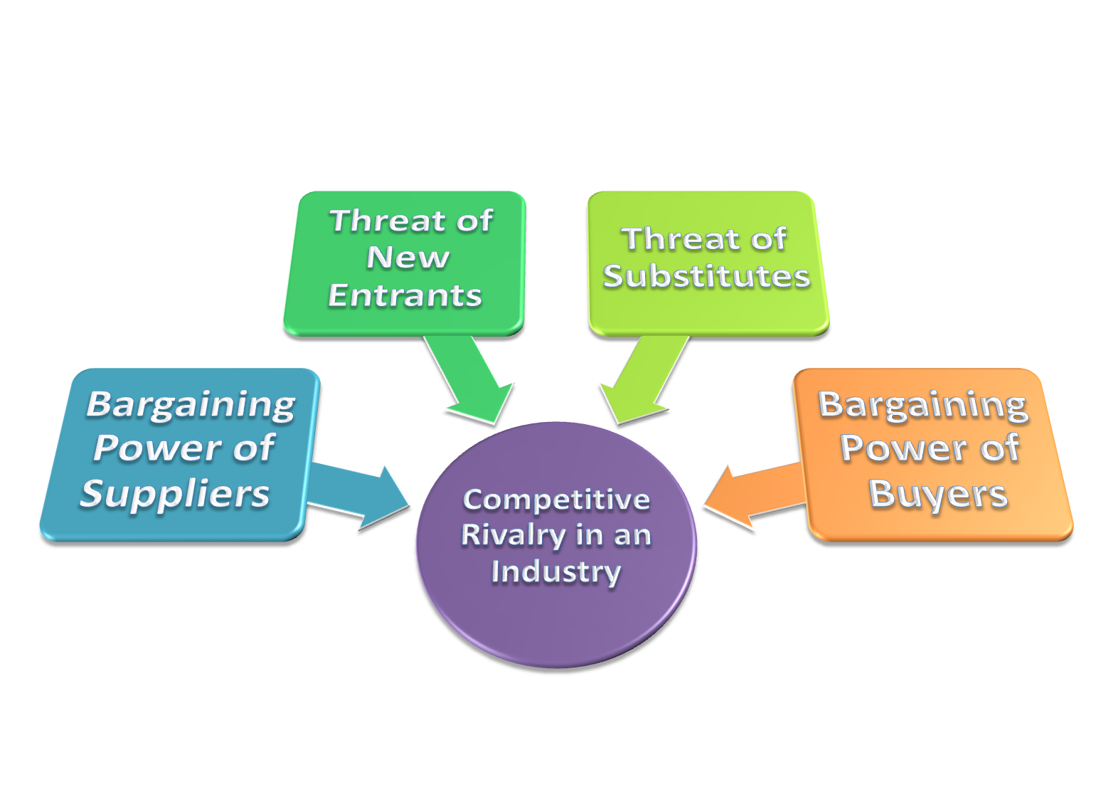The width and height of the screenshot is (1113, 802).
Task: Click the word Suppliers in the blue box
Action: pos(175,493)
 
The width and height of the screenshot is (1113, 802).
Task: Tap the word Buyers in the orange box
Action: pos(938,493)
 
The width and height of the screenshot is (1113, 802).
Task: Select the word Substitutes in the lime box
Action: pos(707,276)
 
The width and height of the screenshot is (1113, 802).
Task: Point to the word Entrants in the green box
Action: pos(405,295)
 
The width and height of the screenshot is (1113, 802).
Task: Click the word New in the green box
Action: pos(408,258)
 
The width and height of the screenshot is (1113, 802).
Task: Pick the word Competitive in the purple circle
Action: pos(556,500)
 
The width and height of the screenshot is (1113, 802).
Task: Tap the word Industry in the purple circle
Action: pos(556,571)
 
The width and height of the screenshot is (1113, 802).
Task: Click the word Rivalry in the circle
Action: pos(515,535)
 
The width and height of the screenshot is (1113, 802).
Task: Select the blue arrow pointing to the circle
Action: pos(360,496)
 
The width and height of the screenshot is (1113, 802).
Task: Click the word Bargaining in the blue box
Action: pos(191,404)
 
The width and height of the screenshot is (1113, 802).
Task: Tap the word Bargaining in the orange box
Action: pos(923,404)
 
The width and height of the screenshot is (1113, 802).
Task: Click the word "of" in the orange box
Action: pos(1000,448)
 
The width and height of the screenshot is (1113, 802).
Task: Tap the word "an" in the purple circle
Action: pos(632,535)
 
